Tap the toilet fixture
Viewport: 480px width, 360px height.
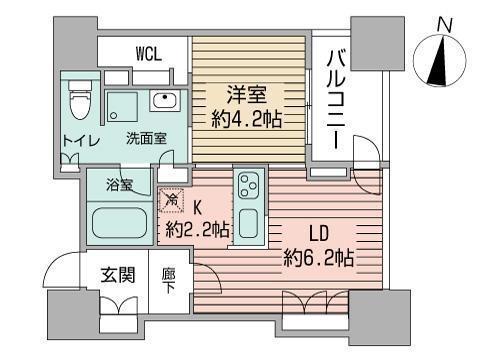click(79, 101)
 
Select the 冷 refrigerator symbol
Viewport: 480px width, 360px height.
click(172, 201)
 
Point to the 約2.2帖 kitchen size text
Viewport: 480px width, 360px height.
click(198, 229)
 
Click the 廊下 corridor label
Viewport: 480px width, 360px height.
click(168, 279)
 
